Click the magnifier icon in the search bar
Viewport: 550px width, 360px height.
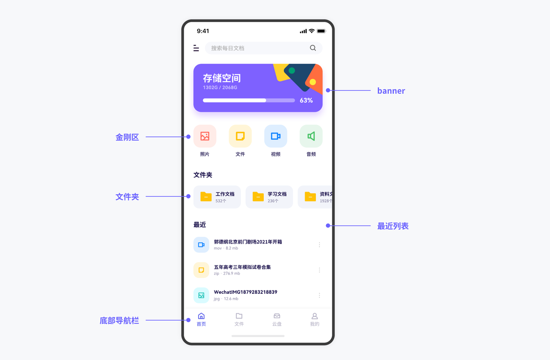click(313, 48)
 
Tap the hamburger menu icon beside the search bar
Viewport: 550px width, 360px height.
click(196, 48)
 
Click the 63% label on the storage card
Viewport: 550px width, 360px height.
click(306, 101)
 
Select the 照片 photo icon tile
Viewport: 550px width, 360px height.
click(205, 136)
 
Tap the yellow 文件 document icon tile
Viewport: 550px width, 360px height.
click(240, 136)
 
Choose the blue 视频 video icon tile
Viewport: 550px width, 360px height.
click(275, 136)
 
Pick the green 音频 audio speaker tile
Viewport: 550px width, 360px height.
click(311, 136)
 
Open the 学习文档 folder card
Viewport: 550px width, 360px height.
click(269, 197)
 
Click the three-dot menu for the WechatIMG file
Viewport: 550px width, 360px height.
click(319, 295)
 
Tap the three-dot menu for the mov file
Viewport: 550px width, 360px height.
click(319, 245)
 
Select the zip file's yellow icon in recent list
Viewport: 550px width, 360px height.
click(201, 270)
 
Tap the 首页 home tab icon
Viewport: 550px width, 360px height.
click(201, 317)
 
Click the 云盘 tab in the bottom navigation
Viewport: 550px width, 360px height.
click(277, 320)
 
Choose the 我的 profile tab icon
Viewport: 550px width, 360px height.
click(315, 317)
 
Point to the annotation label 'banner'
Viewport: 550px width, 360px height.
click(391, 91)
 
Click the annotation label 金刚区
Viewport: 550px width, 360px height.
click(127, 137)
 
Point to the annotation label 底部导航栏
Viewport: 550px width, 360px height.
click(119, 320)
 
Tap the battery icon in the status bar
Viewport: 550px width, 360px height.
click(321, 31)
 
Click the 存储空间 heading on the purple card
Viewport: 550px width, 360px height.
click(222, 78)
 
